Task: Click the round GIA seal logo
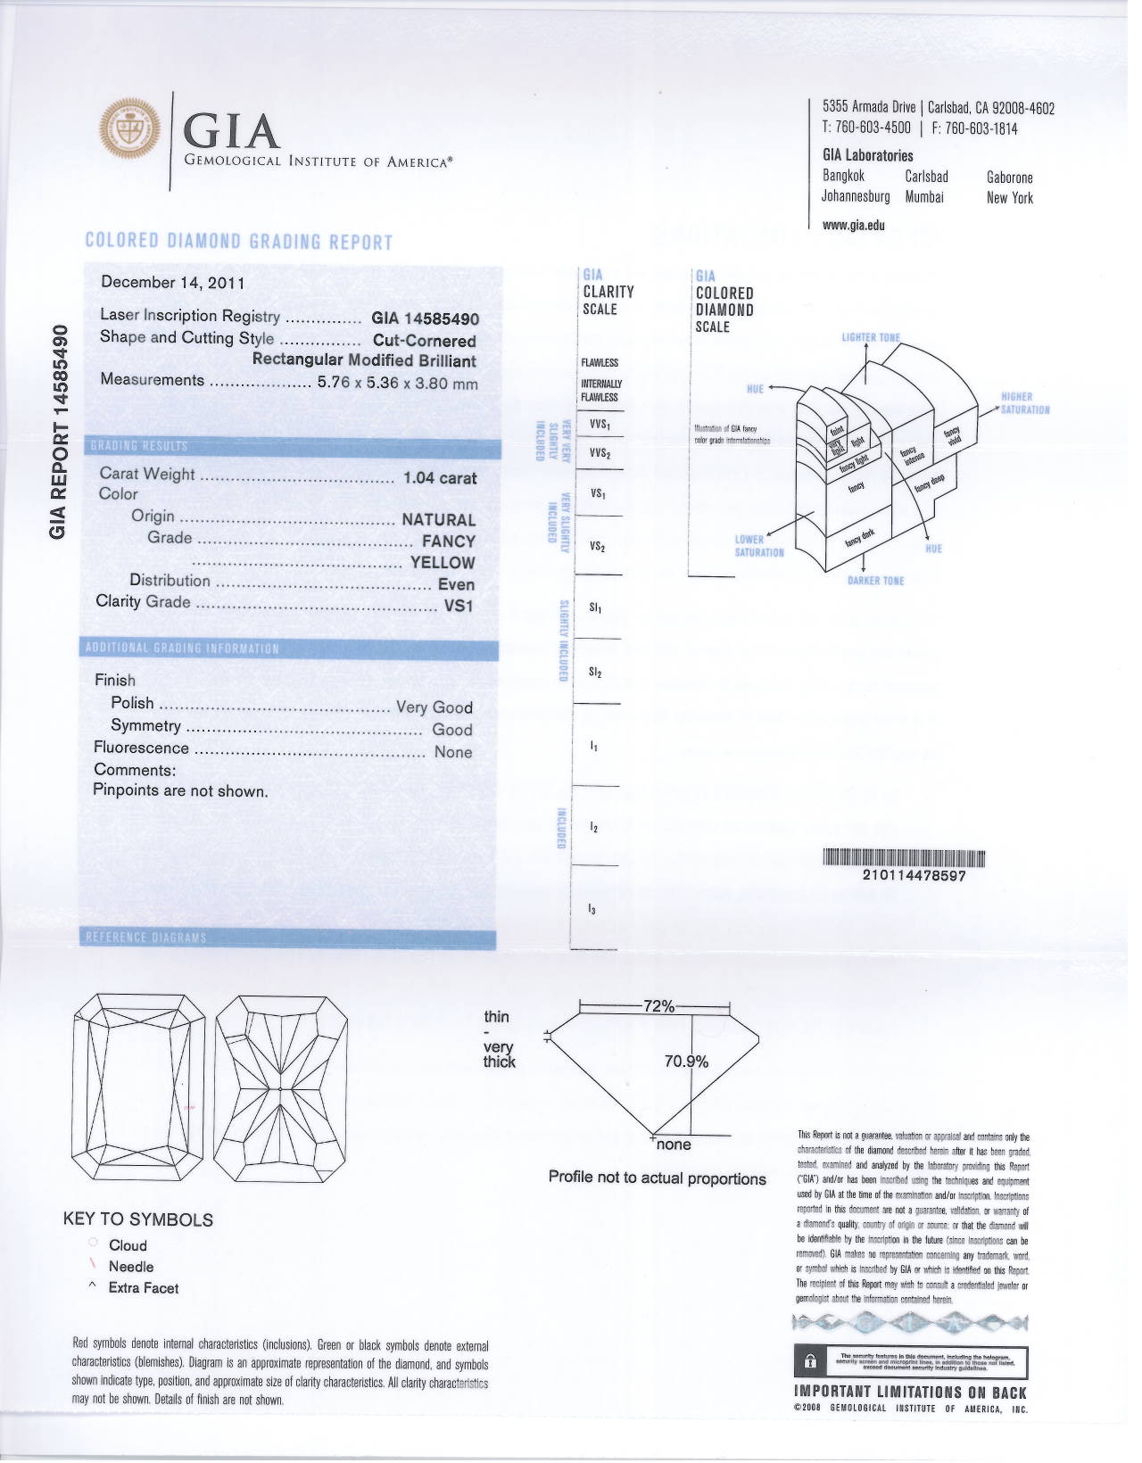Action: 131,130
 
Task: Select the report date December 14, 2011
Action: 173,283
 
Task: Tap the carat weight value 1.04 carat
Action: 440,478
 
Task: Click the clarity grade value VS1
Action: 459,606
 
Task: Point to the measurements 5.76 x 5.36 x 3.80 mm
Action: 398,383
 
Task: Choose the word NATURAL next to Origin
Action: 438,520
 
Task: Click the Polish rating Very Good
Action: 434,707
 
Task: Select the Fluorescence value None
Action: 453,752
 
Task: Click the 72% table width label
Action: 659,1006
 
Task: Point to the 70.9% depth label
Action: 686,1062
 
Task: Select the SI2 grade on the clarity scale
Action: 595,673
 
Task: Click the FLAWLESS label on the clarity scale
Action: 600,363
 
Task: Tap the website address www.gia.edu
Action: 854,226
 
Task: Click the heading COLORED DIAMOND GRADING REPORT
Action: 239,242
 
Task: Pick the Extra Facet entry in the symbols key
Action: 143,1288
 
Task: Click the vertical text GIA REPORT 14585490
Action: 59,432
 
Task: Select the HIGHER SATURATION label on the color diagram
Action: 1025,403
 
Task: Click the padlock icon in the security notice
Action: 811,1361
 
